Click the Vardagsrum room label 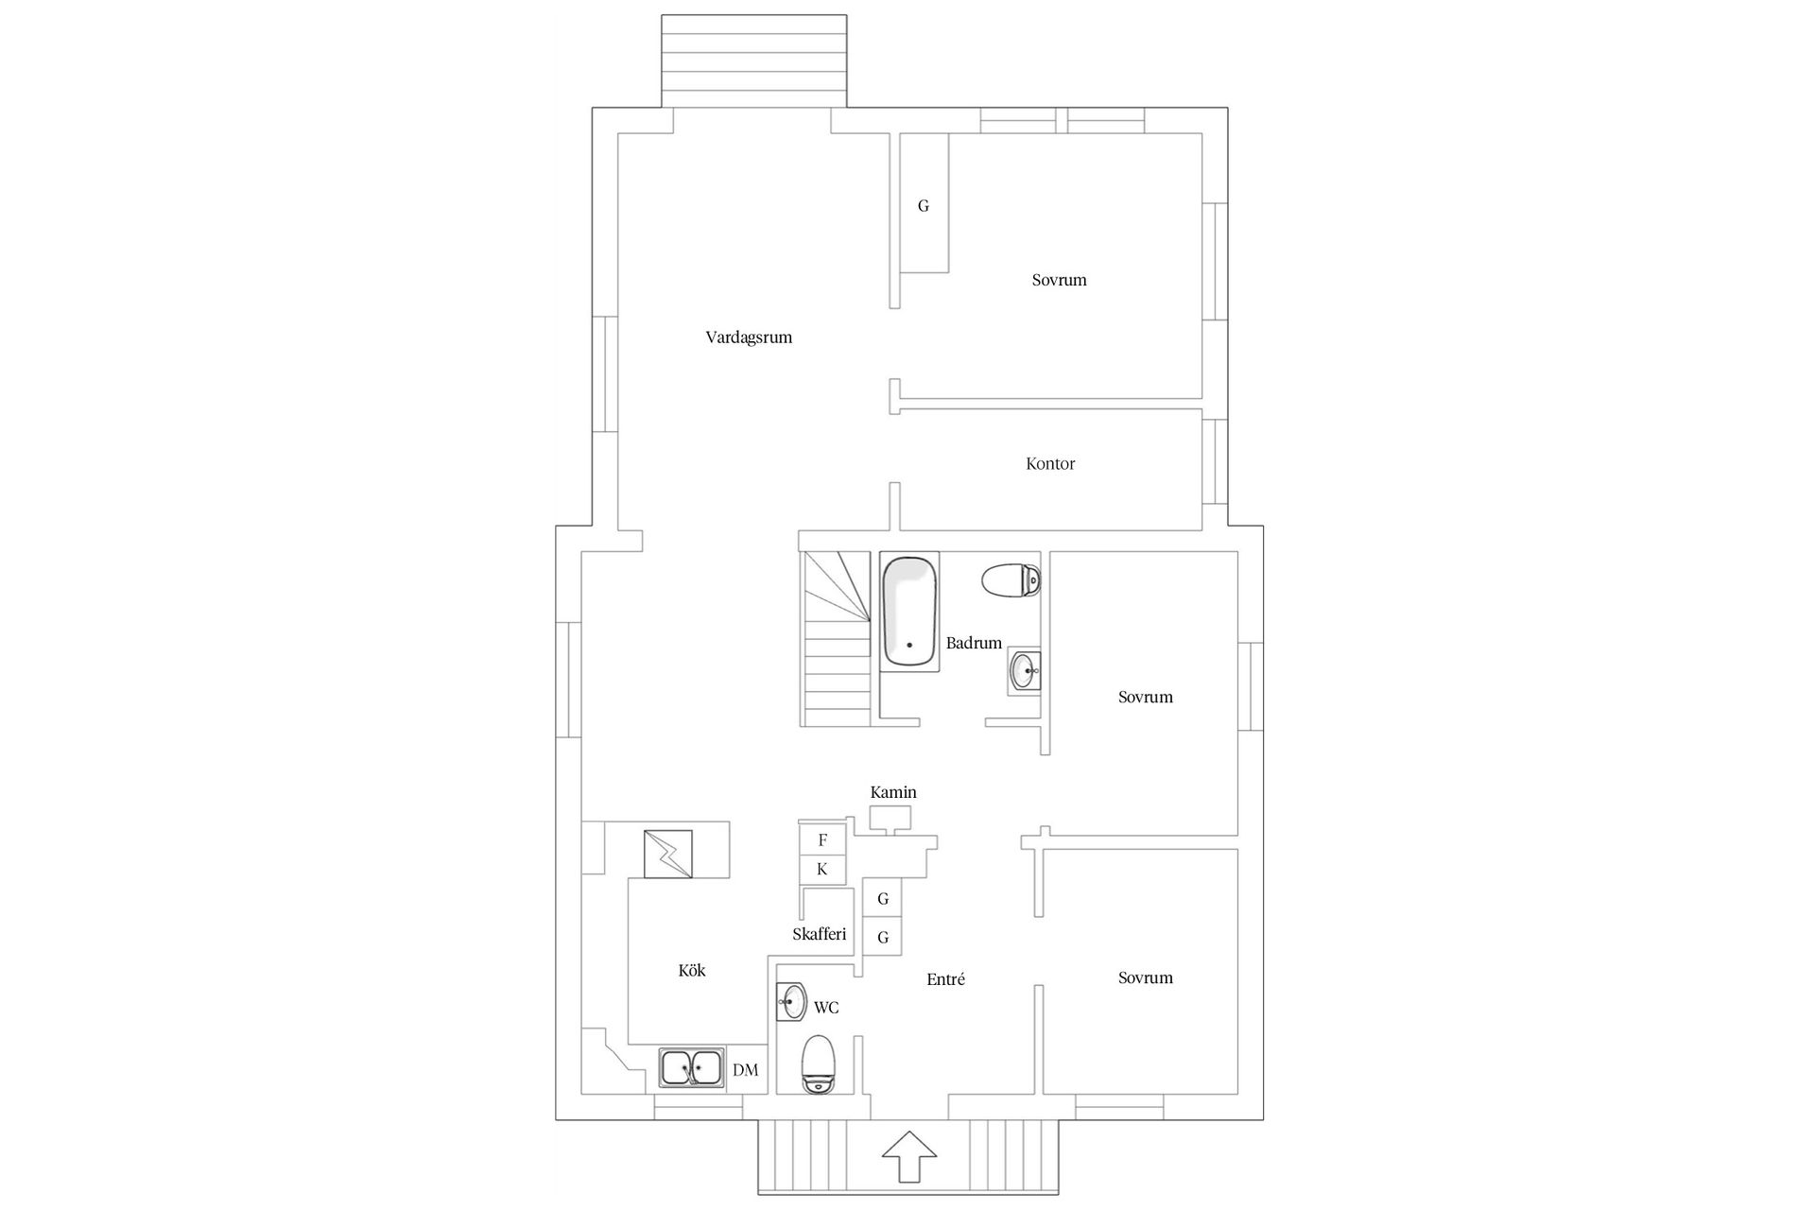tap(749, 337)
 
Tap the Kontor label tap(1050, 464)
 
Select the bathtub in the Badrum tap(909, 612)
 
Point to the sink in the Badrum tap(1024, 672)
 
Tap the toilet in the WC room tap(819, 1063)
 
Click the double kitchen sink tap(691, 1068)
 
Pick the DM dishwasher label tap(746, 1070)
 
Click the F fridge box tap(822, 839)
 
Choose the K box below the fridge tap(822, 870)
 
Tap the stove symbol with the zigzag tap(667, 855)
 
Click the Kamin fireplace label tap(893, 792)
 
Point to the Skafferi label tap(819, 934)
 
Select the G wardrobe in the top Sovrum tap(924, 205)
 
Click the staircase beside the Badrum tap(836, 639)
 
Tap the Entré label tap(945, 980)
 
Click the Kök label tap(692, 971)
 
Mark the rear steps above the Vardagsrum tap(753, 60)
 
